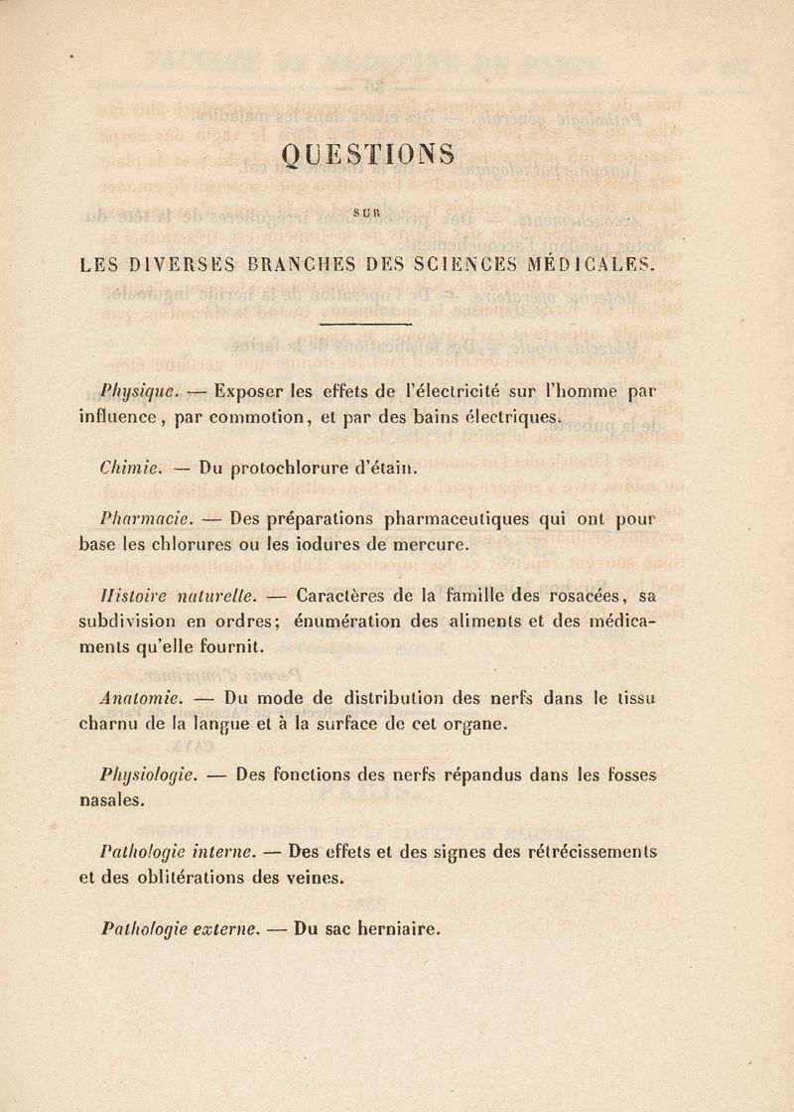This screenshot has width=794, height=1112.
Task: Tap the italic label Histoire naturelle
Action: pyautogui.click(x=193, y=597)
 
